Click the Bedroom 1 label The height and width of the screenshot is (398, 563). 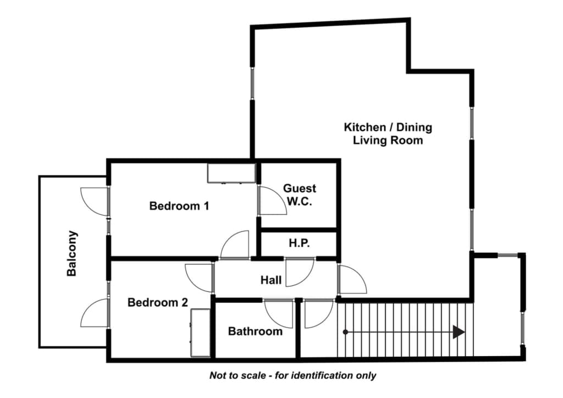tap(179, 206)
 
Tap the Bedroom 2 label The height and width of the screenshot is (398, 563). tap(158, 302)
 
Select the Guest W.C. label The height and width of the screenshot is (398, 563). tap(300, 195)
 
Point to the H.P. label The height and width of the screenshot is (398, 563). tap(299, 244)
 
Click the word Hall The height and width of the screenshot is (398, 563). tap(271, 280)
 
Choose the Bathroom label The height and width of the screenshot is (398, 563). tap(255, 331)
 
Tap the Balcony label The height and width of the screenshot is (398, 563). tap(72, 253)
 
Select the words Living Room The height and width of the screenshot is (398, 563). tap(388, 140)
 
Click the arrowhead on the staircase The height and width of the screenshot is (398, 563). tap(459, 332)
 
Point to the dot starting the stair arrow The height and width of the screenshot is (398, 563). tap(345, 332)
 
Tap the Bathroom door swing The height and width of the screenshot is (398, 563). tap(279, 314)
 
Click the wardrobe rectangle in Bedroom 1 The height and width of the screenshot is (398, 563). tap(231, 173)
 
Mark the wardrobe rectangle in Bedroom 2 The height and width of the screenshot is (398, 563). tap(200, 333)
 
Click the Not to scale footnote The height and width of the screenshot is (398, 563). tap(292, 376)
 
